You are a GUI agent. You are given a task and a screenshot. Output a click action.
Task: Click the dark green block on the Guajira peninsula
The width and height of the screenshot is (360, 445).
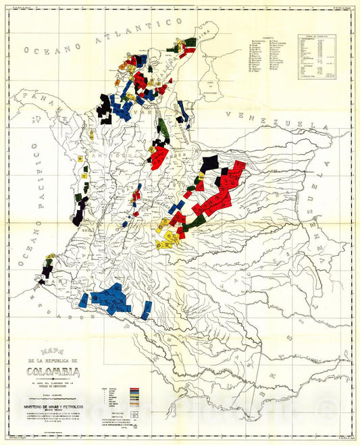pyautogui.click(x=191, y=41)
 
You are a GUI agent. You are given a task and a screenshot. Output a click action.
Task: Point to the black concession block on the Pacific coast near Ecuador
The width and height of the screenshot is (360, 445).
pyautogui.click(x=47, y=271)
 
